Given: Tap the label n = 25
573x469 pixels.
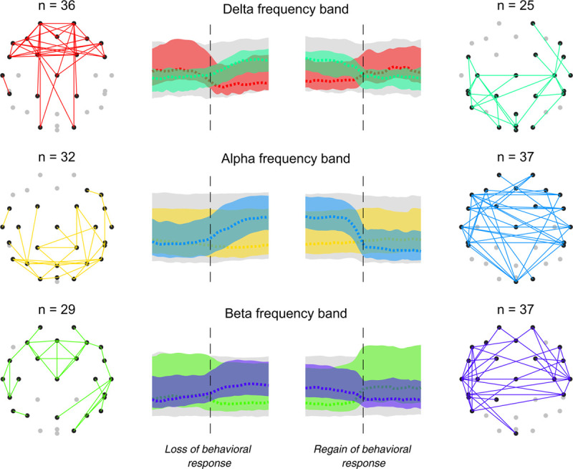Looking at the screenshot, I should (517, 8).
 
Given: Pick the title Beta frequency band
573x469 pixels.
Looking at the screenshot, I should (286, 313).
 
